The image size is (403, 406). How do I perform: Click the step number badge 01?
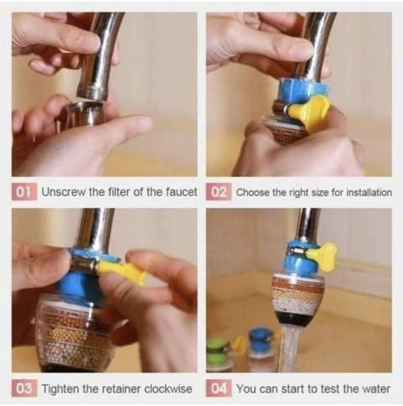pyautogui.click(x=24, y=192)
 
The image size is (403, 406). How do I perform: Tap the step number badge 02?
pyautogui.click(x=219, y=192)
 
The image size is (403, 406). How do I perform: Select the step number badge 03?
pyautogui.click(x=24, y=388)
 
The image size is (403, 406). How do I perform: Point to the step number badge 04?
pyautogui.click(x=219, y=388)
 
